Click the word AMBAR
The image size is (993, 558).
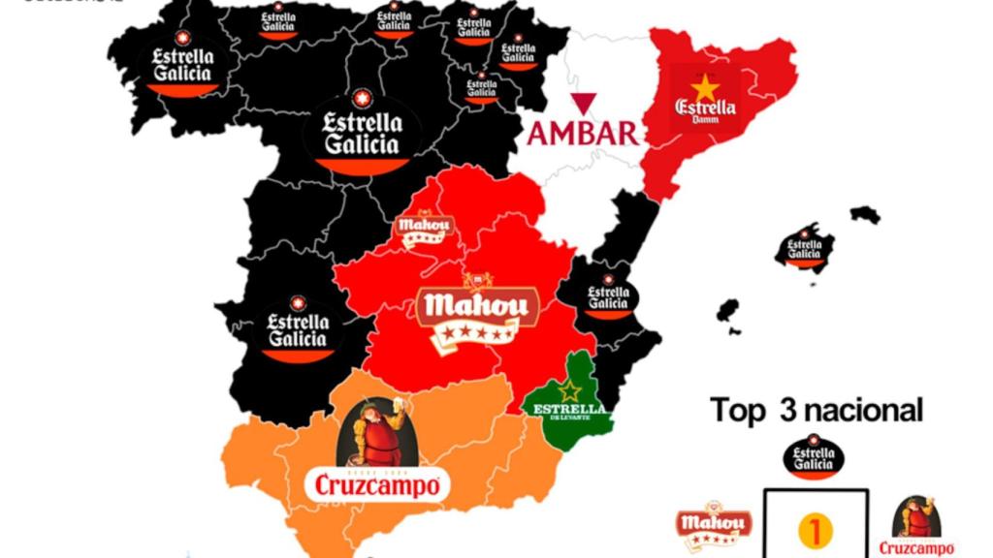(x=583, y=133)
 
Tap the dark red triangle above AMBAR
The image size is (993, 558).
(x=583, y=104)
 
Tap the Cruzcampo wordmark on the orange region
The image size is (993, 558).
(x=377, y=484)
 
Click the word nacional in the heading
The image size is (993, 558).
(x=863, y=410)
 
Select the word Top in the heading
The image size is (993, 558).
(x=740, y=410)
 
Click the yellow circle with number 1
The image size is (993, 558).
(x=815, y=530)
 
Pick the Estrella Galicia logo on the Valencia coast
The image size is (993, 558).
(x=609, y=295)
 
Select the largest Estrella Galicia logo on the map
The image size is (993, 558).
(x=362, y=134)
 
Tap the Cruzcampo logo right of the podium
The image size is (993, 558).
(x=914, y=527)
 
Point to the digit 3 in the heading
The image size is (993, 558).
(x=785, y=410)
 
